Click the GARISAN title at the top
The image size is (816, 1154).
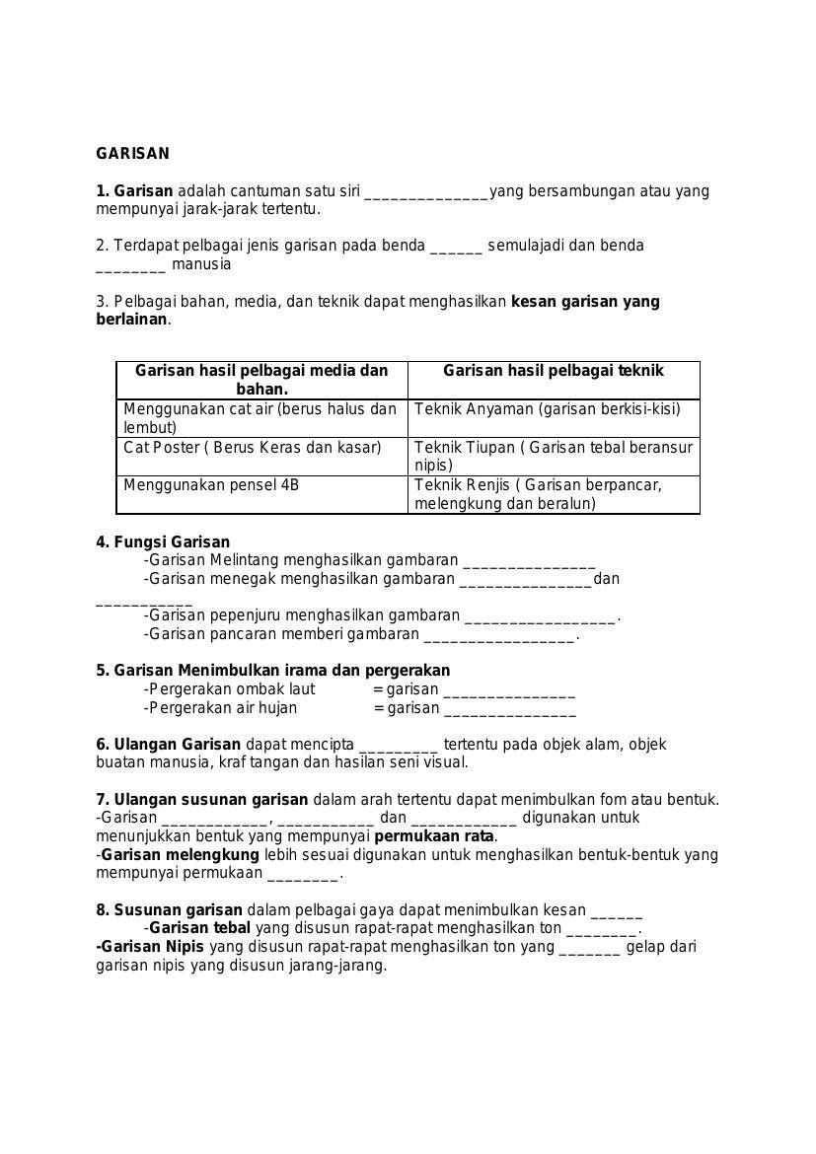pyautogui.click(x=132, y=154)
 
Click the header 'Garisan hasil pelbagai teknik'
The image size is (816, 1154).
pyautogui.click(x=553, y=371)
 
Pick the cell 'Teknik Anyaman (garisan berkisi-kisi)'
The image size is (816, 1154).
pyautogui.click(x=548, y=409)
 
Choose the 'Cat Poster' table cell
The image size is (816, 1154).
pyautogui.click(x=252, y=448)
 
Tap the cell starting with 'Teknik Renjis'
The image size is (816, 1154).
pyautogui.click(x=553, y=494)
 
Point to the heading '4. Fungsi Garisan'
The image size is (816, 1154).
pyautogui.click(x=163, y=542)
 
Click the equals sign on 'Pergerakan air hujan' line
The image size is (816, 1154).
pyautogui.click(x=378, y=708)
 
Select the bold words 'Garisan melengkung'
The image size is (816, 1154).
pyautogui.click(x=180, y=855)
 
